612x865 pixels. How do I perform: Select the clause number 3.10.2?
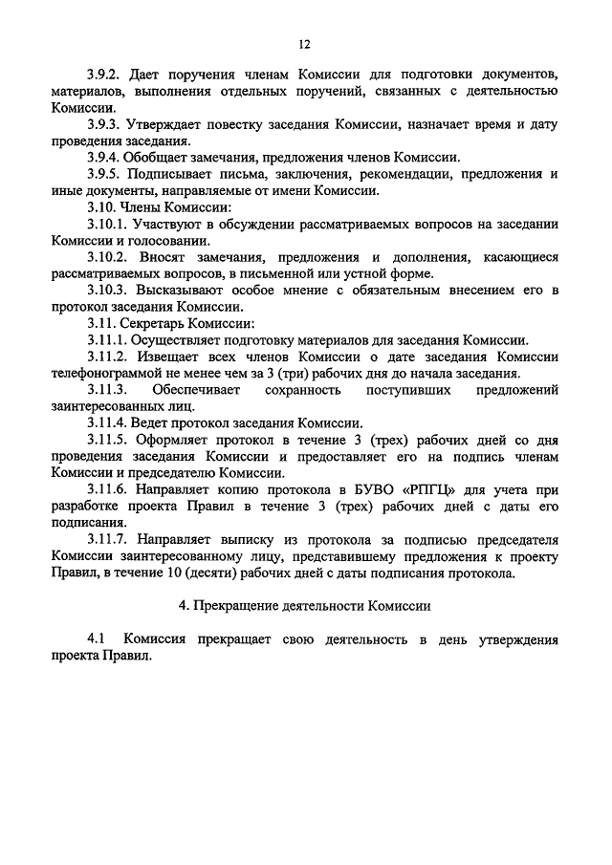107,257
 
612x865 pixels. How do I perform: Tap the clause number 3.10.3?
107,290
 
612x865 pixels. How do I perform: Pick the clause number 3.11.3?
107,390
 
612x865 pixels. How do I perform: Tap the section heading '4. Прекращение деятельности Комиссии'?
305,606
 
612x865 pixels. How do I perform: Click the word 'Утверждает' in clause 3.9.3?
169,124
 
